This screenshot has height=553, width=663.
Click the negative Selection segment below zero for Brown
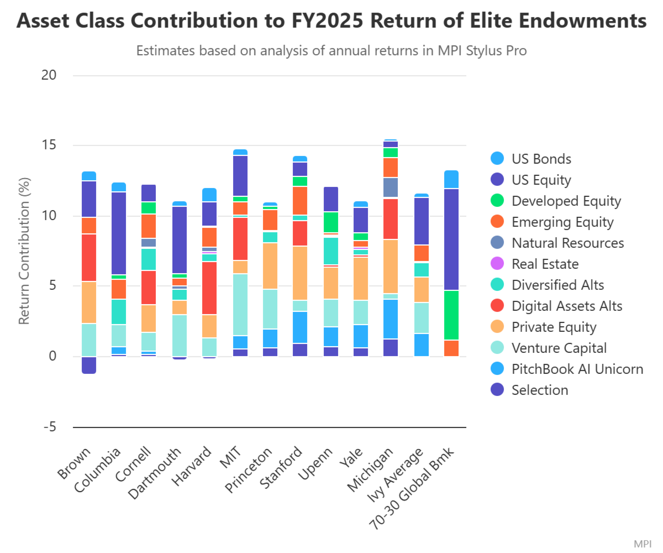[89, 365]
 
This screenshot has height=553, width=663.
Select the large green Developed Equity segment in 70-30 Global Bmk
[451, 315]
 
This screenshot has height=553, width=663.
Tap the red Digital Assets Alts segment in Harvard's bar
[209, 288]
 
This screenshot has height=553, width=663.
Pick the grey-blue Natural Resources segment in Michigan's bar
[390, 187]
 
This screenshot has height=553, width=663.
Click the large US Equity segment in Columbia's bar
[119, 233]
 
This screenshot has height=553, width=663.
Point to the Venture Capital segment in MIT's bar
[240, 305]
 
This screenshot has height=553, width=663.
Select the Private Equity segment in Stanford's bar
[300, 273]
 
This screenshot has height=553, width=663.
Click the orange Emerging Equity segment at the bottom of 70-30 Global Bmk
[451, 348]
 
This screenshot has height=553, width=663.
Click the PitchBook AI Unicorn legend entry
[567, 369]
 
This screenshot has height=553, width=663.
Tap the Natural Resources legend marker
[497, 243]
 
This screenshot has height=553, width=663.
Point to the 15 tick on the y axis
[49, 145]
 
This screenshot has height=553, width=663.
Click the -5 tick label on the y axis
[50, 427]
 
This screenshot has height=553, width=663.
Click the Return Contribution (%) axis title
[24, 251]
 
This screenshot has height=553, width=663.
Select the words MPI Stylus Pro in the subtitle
[482, 51]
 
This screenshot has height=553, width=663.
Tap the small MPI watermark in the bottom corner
[643, 544]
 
